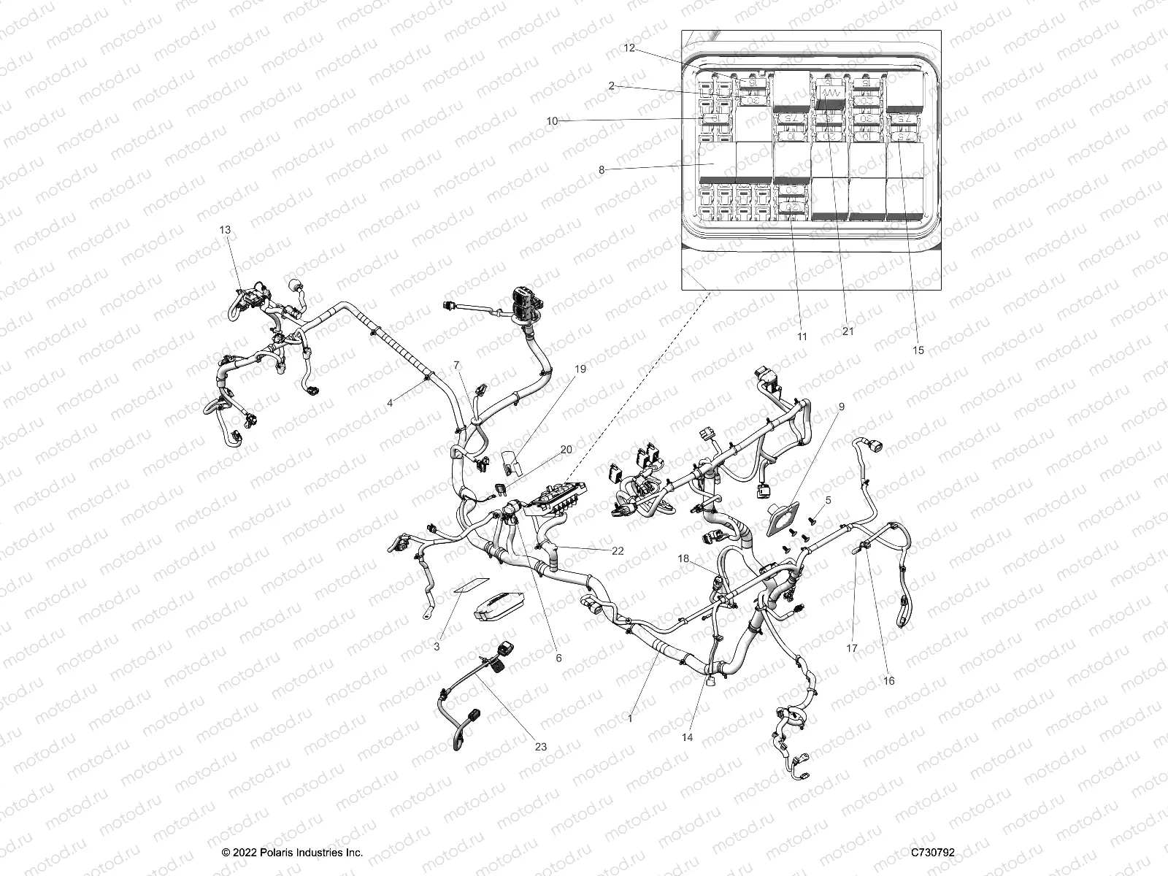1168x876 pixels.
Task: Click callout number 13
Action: click(x=225, y=230)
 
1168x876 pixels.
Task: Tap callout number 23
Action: click(x=540, y=747)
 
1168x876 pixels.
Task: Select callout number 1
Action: click(x=630, y=719)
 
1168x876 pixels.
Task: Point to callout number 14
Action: click(x=687, y=737)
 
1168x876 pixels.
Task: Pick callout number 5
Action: click(x=829, y=500)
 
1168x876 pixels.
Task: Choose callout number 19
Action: click(x=580, y=369)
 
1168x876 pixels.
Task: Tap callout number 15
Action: click(x=918, y=350)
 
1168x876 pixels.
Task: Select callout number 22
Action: click(x=618, y=551)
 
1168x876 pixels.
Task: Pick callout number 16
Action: click(x=888, y=681)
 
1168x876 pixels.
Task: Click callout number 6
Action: click(x=559, y=658)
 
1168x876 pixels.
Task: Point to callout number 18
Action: click(x=683, y=558)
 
